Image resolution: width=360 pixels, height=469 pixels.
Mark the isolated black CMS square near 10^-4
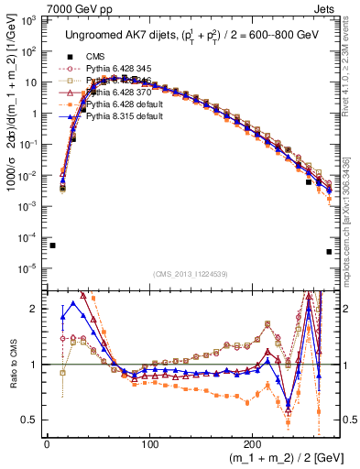(x=53, y=245)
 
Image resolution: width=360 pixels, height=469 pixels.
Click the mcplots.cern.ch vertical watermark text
(x=352, y=211)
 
